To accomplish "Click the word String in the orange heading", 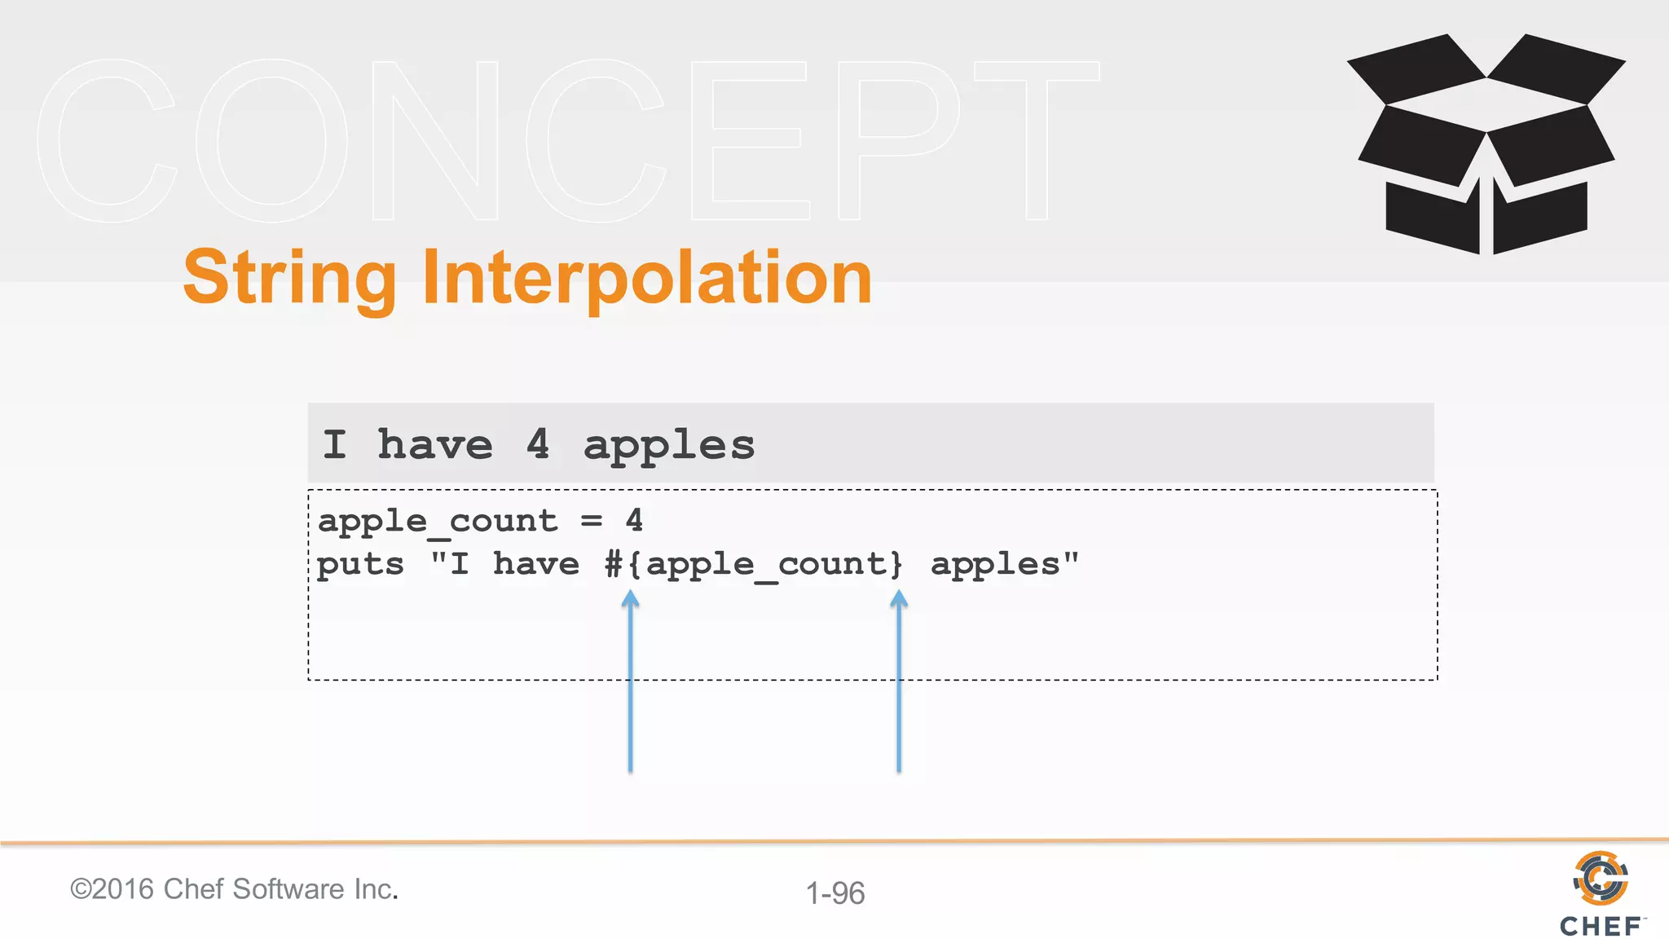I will tap(289, 279).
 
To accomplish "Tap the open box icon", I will tap(1486, 144).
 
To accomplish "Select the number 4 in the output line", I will tap(538, 444).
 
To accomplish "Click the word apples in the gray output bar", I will tap(669, 446).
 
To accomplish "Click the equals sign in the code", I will tap(592, 521).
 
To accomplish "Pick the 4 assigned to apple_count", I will tap(634, 520).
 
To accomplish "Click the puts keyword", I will tap(360, 565).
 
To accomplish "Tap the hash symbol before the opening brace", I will tap(614, 563).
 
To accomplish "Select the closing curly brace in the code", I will tap(896, 563).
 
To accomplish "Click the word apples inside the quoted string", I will tap(994, 565).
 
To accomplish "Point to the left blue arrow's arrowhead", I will tap(630, 599).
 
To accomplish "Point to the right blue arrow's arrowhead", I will tap(899, 599).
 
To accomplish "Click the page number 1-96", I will tap(835, 893).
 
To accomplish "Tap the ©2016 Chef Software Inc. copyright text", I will tap(234, 889).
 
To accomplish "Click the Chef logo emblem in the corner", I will tap(1601, 878).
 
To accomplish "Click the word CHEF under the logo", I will tap(1600, 926).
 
